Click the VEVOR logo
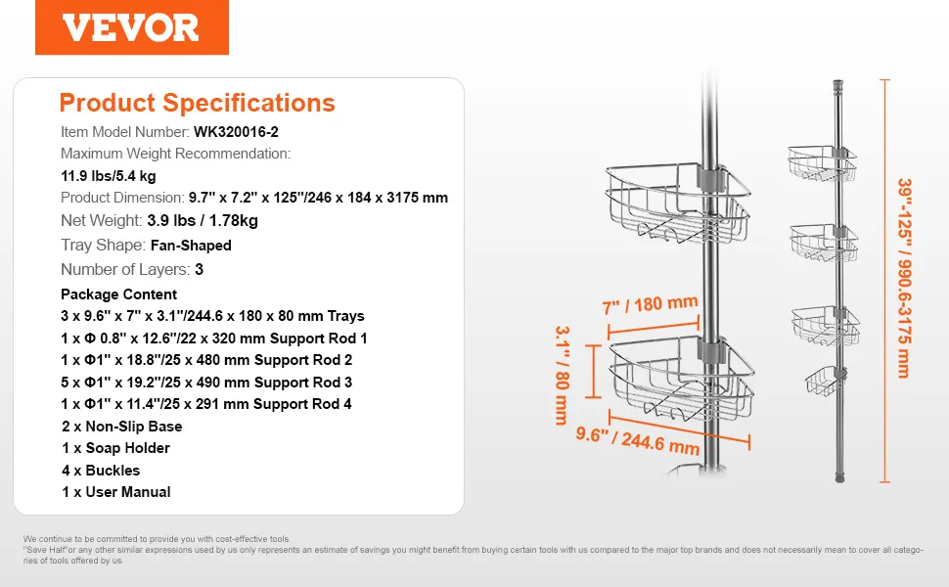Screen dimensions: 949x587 tap(131, 27)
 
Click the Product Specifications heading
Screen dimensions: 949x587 tap(198, 103)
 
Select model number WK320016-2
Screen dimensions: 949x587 tap(236, 132)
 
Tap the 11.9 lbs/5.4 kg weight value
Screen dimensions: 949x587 tap(109, 176)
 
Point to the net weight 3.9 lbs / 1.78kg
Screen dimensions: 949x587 tap(203, 220)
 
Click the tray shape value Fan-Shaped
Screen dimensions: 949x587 tap(191, 246)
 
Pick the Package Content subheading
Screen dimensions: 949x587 tap(118, 294)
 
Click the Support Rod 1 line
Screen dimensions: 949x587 tap(214, 339)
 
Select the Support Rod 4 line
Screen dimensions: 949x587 tap(206, 404)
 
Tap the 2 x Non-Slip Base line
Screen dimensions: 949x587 tap(121, 427)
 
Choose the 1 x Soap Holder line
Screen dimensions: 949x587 tap(115, 448)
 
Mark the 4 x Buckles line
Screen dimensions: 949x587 tap(101, 471)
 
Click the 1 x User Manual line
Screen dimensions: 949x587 tap(115, 492)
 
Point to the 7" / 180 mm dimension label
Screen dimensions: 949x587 tap(651, 304)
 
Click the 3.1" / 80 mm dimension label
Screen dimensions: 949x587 tap(563, 376)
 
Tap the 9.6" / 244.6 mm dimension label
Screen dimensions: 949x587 tap(637, 440)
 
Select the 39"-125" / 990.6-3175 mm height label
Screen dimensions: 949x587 tap(904, 278)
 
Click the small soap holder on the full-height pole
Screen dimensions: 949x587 tap(825, 381)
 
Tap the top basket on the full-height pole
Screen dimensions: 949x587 tap(822, 162)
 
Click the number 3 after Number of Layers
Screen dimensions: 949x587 tap(200, 270)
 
